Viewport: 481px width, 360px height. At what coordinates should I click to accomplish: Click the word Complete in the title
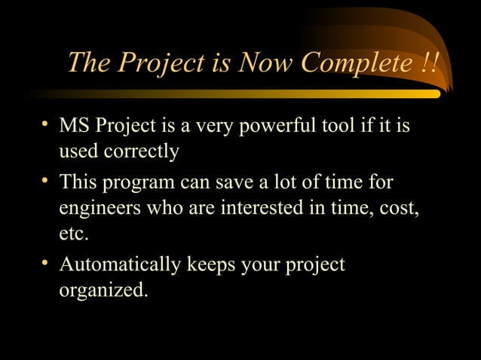pos(354,63)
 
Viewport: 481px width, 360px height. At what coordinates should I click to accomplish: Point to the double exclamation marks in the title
pos(428,63)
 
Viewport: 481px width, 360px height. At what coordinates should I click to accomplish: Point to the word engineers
pos(96,208)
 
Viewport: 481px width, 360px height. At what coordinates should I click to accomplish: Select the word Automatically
pos(120,265)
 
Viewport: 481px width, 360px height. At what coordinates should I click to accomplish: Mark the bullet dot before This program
pos(47,182)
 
